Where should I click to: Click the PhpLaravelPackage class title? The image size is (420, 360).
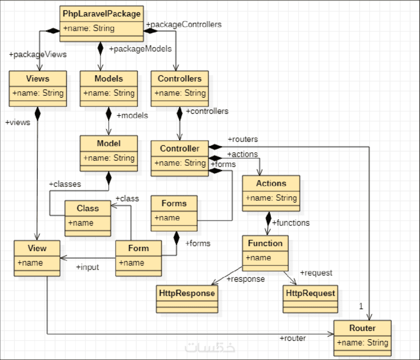point(102,13)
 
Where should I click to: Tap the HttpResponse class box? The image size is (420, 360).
point(187,298)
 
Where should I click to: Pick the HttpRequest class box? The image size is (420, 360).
point(310,298)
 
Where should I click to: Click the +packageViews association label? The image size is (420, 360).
point(38,54)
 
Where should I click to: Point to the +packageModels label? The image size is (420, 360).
point(140,48)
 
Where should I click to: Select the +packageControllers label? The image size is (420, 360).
point(184,24)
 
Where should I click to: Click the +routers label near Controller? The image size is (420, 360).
point(243,139)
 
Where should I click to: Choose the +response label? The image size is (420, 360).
point(246,279)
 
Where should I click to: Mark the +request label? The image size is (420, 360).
point(316,272)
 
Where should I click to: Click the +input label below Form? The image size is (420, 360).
point(87,267)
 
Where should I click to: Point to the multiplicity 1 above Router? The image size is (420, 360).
point(361,307)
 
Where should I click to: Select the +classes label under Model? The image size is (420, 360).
point(65,183)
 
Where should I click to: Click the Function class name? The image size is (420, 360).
point(265,243)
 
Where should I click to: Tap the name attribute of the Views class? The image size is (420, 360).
point(38,93)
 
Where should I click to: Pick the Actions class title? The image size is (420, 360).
point(271,183)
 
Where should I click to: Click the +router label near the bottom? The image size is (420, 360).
point(293,338)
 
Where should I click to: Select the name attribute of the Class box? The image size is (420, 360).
point(81,223)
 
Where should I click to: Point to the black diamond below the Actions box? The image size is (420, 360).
point(268,217)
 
